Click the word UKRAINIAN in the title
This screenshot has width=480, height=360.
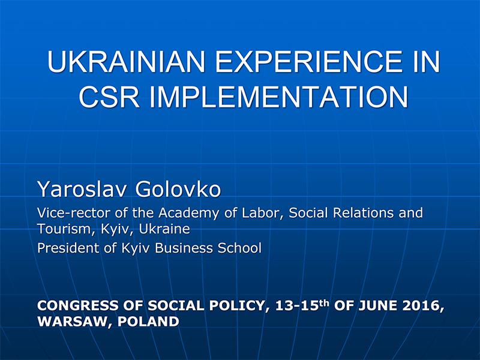point(126,62)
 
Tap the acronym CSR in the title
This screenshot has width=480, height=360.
point(109,97)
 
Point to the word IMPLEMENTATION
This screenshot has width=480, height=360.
point(279,97)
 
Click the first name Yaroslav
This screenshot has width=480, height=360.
point(82,190)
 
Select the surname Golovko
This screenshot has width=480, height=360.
point(178,189)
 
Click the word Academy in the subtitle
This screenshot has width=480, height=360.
point(188,213)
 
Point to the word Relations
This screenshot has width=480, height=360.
point(363,212)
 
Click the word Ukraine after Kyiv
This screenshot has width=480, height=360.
point(164,229)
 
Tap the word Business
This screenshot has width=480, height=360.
point(184,248)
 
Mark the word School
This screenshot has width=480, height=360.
point(239,248)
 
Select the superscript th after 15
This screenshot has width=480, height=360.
point(324,303)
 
